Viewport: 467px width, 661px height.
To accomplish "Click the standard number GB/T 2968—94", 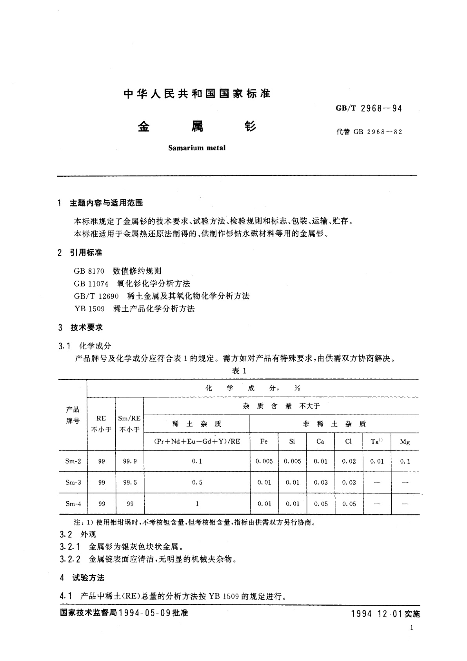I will tap(369, 109).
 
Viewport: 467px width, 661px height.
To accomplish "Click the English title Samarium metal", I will tap(196, 148).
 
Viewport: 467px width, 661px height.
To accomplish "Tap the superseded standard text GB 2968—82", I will tap(378, 132).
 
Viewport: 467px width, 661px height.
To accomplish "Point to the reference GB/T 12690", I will tap(96, 296).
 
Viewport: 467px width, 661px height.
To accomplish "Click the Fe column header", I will tap(264, 442).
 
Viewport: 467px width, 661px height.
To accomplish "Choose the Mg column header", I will tap(405, 442).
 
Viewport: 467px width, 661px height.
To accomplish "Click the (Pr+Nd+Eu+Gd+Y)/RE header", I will tap(197, 441).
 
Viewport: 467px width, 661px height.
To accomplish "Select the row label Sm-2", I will tap(73, 461).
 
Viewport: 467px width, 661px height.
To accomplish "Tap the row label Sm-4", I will tap(73, 504).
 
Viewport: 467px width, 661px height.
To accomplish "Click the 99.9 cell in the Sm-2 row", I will tap(130, 461).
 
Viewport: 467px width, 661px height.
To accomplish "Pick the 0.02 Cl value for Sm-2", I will tap(349, 461).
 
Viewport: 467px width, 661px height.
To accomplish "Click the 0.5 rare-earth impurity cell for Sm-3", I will tap(197, 482).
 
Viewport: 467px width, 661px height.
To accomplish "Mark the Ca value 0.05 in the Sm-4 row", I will tap(320, 504).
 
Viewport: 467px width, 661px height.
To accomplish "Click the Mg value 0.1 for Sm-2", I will tap(405, 461).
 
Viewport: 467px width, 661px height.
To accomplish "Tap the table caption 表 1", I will tap(239, 371).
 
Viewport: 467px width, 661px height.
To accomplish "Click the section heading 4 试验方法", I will tap(82, 577).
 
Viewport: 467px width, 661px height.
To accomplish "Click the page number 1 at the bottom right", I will tap(411, 627).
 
